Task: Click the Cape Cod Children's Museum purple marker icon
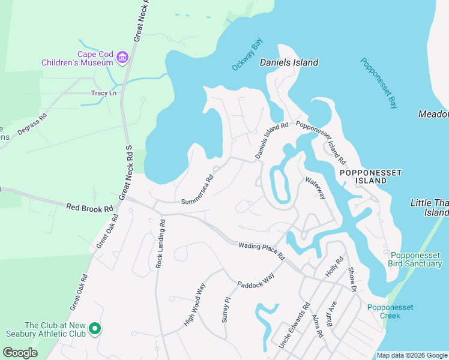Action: point(122,57)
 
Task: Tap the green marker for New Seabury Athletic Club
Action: point(94,329)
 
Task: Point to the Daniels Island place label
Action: point(289,62)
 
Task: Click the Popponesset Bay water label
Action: point(379,83)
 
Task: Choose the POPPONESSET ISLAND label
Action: point(370,176)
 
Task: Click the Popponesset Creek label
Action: point(390,311)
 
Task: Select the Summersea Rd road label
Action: point(197,188)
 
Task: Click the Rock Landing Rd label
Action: point(160,243)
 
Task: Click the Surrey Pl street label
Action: point(226,310)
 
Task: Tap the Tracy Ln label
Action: point(103,93)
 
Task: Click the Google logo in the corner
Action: point(20,353)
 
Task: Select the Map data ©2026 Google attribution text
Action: point(412,355)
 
